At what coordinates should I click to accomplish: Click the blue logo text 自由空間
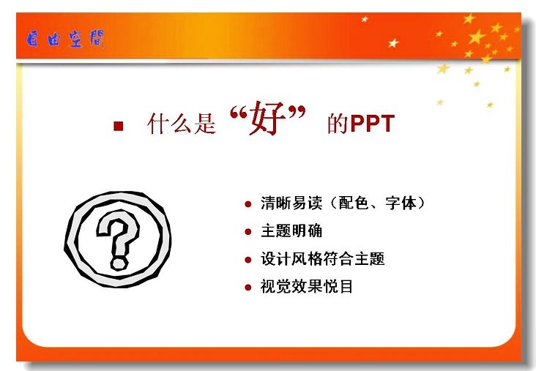click(65, 39)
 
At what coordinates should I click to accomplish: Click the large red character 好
click(267, 119)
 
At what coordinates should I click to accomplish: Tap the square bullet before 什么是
click(119, 126)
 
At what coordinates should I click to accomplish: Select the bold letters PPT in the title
click(373, 124)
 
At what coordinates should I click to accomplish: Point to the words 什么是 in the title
click(182, 124)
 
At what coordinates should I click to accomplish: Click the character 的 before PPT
click(338, 124)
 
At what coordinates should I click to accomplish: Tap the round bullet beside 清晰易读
click(248, 204)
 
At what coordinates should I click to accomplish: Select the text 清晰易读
click(291, 203)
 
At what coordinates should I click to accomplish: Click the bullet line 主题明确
click(291, 231)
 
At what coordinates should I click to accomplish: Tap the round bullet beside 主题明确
click(248, 232)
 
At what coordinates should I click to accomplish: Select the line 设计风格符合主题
click(323, 258)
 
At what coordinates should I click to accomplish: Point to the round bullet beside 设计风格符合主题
click(248, 260)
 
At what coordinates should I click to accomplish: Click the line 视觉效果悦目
click(307, 286)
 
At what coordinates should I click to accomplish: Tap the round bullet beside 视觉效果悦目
click(248, 288)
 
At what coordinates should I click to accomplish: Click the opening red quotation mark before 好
click(238, 113)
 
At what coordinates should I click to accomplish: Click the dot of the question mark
click(119, 263)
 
